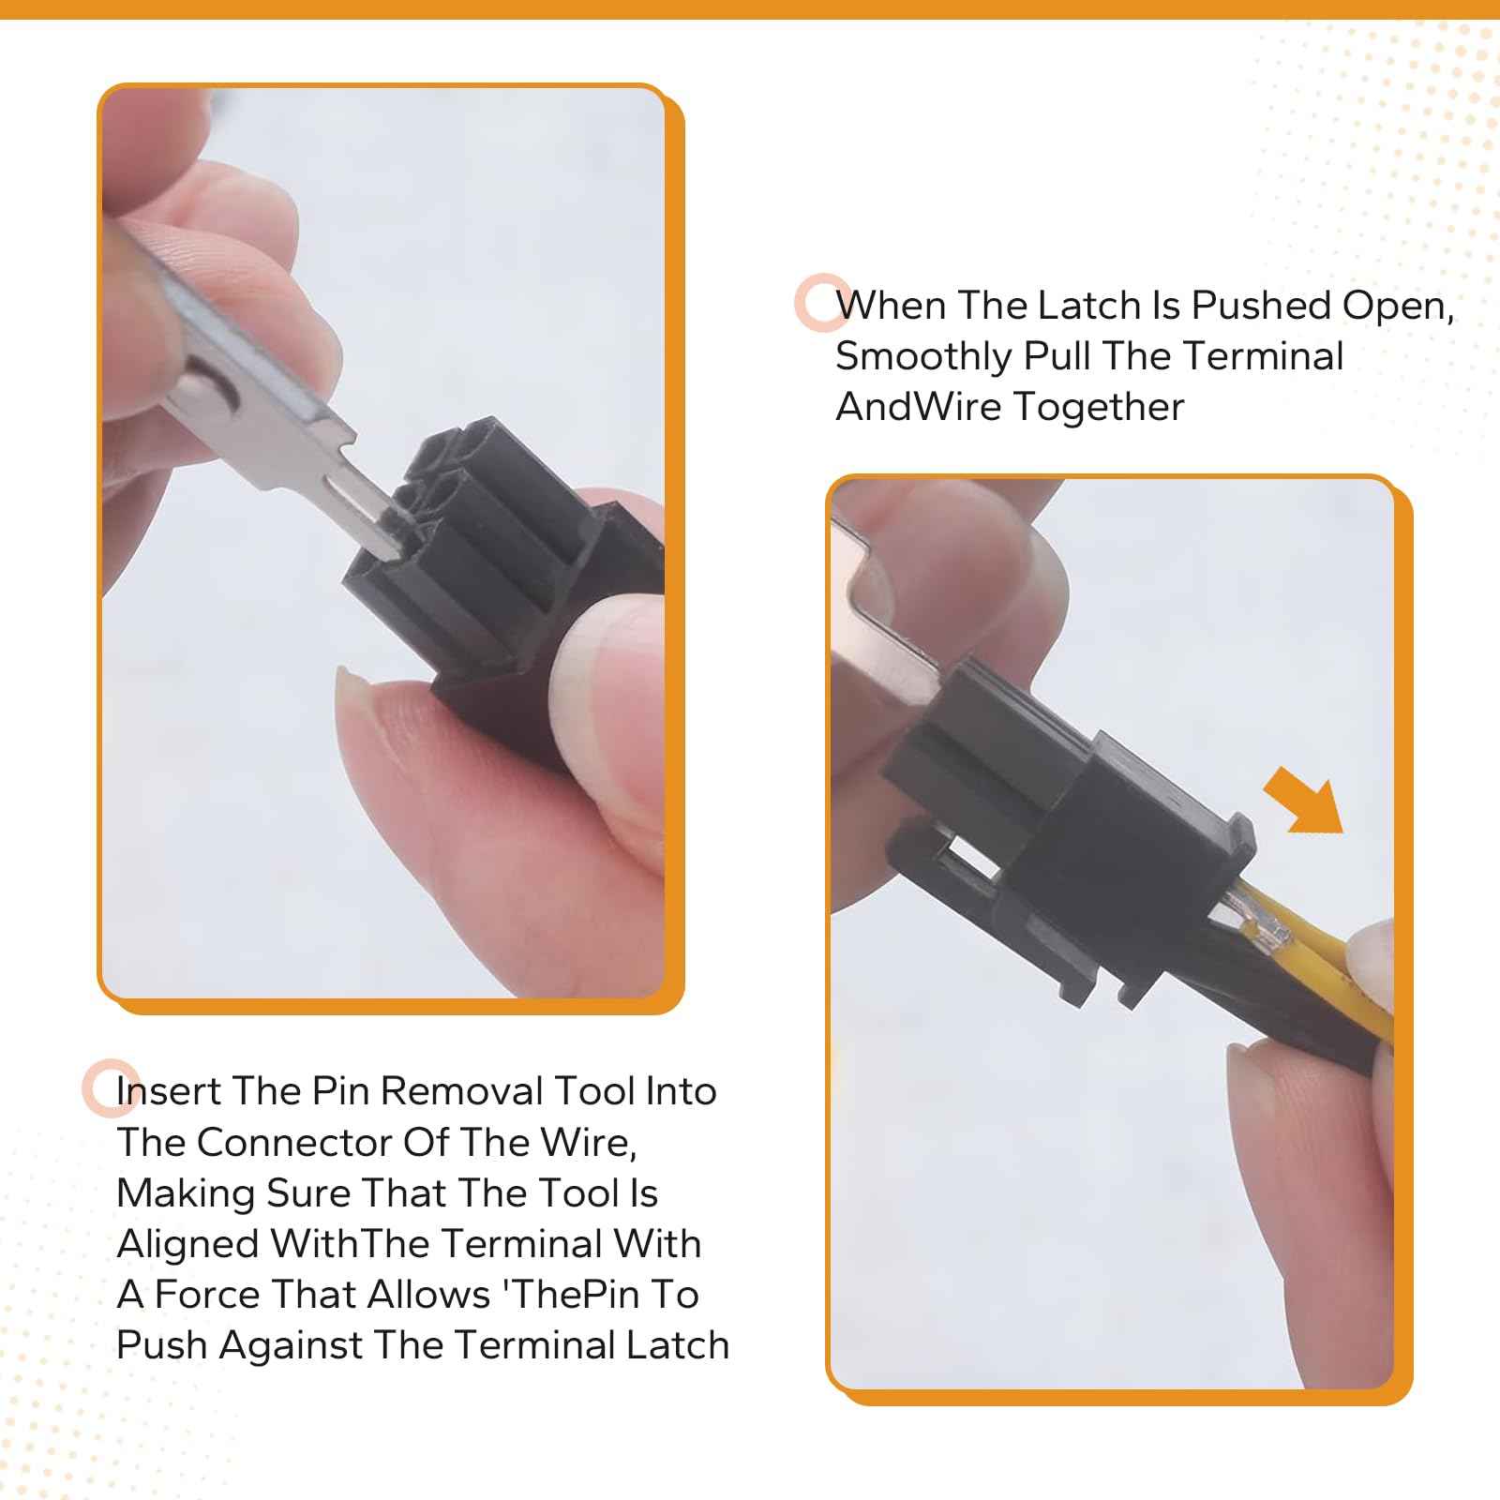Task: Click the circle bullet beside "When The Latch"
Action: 823,302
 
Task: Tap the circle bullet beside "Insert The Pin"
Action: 111,1087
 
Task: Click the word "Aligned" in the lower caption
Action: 188,1244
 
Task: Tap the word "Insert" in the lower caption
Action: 169,1091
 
